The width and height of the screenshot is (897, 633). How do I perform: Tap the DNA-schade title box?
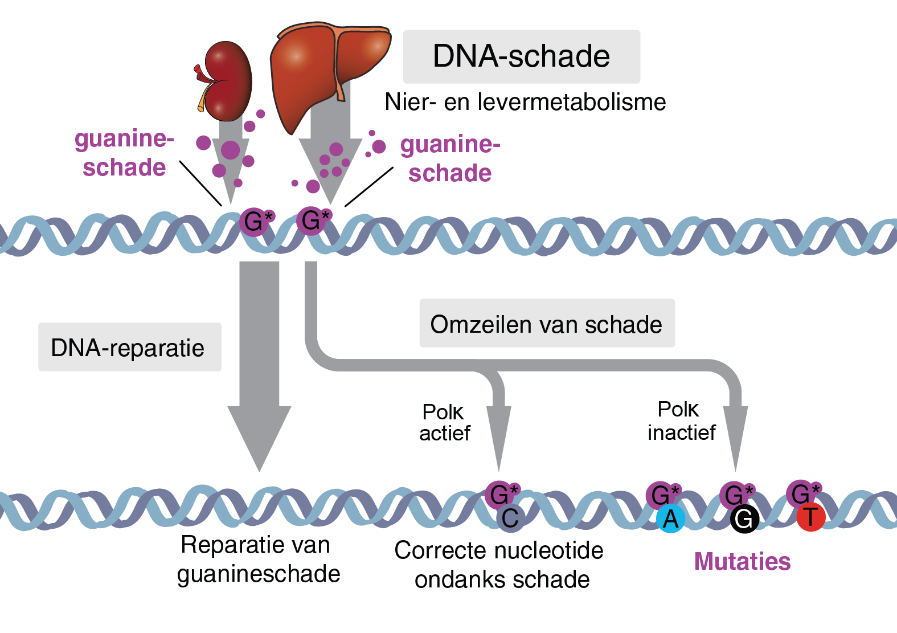point(521,56)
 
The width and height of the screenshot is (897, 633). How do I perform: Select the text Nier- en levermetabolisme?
point(525,102)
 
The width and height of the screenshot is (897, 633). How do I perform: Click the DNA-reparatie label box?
point(129,348)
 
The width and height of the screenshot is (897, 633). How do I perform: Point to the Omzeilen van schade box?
point(547,324)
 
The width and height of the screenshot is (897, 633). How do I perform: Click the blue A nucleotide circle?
point(670,519)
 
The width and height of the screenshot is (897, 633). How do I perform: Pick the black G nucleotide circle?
point(744,519)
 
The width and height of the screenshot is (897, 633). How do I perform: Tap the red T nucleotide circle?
point(810,518)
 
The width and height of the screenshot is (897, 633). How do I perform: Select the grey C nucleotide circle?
point(510,518)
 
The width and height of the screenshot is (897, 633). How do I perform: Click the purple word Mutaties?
point(742,561)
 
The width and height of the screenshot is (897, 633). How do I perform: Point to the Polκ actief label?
point(444,422)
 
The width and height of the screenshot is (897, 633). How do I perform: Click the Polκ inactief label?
point(681,420)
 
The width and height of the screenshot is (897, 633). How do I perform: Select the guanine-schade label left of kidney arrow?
point(124,153)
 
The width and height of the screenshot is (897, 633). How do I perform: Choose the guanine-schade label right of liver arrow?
point(450,158)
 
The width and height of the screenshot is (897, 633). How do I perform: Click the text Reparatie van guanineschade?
point(258,559)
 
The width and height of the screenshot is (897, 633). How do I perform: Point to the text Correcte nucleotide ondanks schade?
point(499,565)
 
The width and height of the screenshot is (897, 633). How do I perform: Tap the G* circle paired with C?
point(500,493)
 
